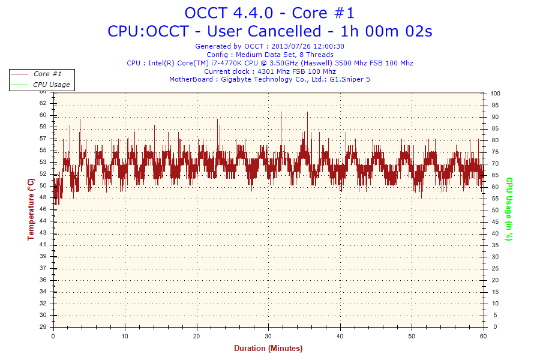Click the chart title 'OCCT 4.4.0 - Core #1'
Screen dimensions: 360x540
(x=269, y=13)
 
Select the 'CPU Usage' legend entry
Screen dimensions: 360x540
(x=51, y=85)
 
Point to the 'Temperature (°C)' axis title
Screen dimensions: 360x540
(x=31, y=209)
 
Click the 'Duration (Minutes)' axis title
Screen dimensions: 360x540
(x=268, y=349)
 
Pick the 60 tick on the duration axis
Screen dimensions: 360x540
(x=484, y=337)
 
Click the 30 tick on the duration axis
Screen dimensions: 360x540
(x=269, y=337)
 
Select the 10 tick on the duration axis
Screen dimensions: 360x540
(x=125, y=337)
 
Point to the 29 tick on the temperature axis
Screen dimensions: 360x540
(x=43, y=327)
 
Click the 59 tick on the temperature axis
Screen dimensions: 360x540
(x=43, y=127)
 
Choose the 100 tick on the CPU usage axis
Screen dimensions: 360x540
(x=496, y=94)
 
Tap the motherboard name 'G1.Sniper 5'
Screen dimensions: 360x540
(x=350, y=79)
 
